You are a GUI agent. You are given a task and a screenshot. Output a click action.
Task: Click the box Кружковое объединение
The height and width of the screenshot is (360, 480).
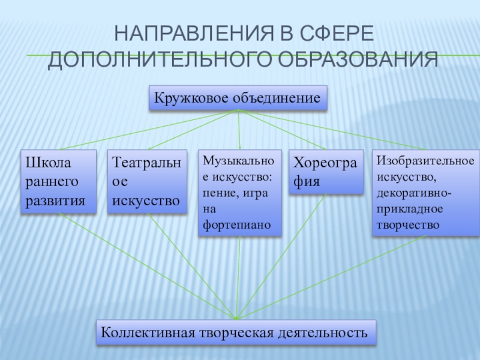tap(238, 98)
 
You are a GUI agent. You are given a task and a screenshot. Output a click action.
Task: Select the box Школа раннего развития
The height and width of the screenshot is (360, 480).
tap(59, 181)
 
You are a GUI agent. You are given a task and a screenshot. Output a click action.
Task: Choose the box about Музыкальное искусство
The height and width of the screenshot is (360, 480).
tap(239, 193)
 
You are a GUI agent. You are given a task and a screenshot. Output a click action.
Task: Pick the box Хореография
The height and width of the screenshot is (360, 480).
tap(326, 172)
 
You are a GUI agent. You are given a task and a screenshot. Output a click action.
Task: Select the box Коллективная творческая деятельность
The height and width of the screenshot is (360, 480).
tap(236, 332)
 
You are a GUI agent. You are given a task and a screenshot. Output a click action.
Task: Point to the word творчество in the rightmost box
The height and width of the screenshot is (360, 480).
tap(408, 225)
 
